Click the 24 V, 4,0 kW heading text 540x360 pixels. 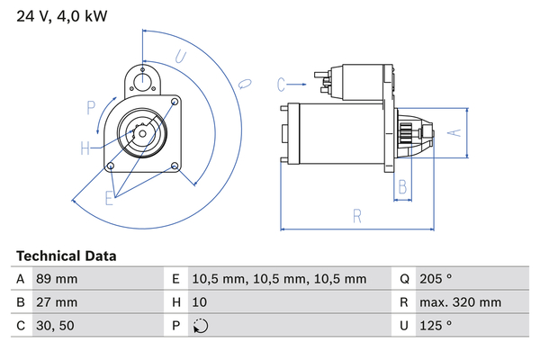[62, 16]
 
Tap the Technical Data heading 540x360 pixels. [66, 256]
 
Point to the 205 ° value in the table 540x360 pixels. [436, 278]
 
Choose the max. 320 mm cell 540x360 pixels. [461, 302]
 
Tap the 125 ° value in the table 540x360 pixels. [436, 326]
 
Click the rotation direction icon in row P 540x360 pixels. [201, 326]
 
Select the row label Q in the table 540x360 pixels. [404, 279]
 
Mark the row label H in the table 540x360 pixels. [176, 302]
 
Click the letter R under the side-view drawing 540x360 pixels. [357, 216]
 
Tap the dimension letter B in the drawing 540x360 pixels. [402, 187]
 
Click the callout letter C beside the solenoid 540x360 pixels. [281, 85]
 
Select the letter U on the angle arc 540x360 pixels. [181, 57]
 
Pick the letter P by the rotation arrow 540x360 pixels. [91, 108]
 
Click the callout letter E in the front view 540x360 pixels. [109, 198]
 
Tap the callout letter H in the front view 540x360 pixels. [85, 148]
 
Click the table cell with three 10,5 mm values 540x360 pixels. [279, 279]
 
